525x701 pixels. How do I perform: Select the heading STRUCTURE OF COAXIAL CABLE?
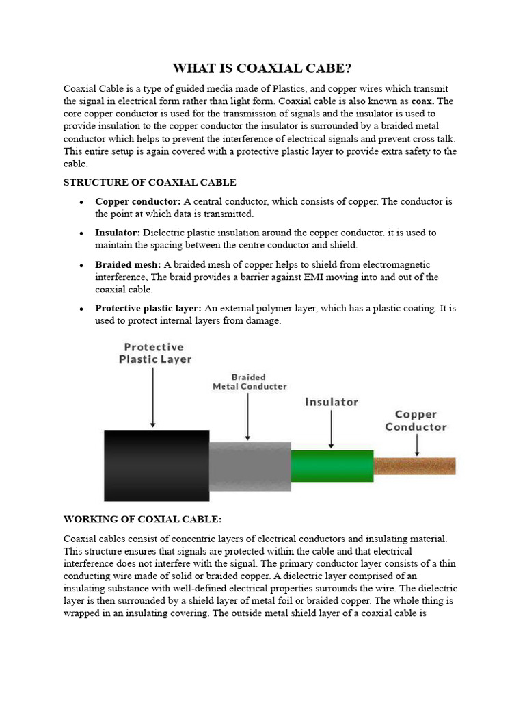pos(150,182)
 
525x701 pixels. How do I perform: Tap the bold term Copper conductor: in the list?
pos(138,202)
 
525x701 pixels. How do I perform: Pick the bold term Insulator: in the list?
pos(118,233)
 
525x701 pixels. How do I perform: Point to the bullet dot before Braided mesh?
pos(81,266)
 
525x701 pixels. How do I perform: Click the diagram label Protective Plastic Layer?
pos(155,353)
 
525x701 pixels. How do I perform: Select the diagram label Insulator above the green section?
pos(331,403)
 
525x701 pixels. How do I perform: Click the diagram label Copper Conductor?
pos(416,420)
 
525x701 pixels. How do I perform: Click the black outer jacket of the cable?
pos(157,466)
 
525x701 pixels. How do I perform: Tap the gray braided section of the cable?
pos(250,466)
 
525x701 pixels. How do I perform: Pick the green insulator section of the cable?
pos(332,466)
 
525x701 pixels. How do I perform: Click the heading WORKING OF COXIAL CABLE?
pos(142,520)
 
